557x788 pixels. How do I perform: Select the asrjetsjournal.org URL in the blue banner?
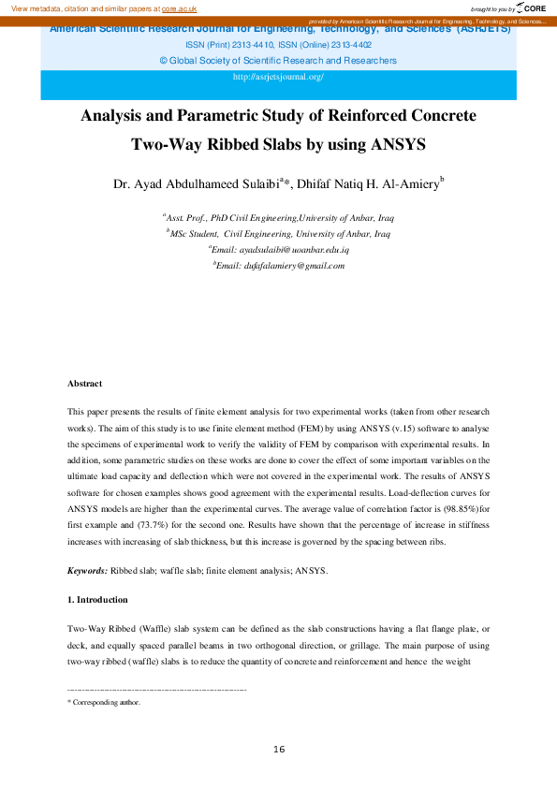coord(278,77)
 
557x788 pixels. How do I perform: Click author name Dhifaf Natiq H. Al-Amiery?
coord(368,184)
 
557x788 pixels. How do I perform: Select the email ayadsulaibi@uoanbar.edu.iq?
coord(280,251)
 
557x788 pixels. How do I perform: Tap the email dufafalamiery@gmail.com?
coord(282,266)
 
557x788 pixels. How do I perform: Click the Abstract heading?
coord(84,384)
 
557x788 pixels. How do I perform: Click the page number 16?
coord(278,750)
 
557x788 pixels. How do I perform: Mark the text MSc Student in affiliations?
coord(194,234)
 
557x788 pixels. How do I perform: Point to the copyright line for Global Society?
coord(278,60)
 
